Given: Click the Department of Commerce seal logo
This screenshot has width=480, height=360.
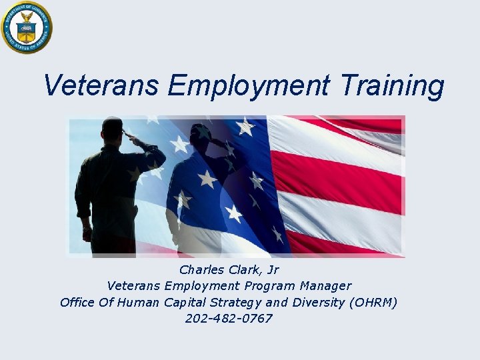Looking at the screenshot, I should click(x=26, y=27).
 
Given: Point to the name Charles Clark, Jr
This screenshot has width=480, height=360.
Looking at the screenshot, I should click(x=229, y=270).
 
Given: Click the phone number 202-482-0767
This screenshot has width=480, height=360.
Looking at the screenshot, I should click(x=229, y=319).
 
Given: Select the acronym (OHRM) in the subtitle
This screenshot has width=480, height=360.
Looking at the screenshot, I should click(x=373, y=303).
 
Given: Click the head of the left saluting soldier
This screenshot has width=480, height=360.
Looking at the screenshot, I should click(x=112, y=128).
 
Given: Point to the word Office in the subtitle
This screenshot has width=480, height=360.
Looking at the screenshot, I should click(x=78, y=303).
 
